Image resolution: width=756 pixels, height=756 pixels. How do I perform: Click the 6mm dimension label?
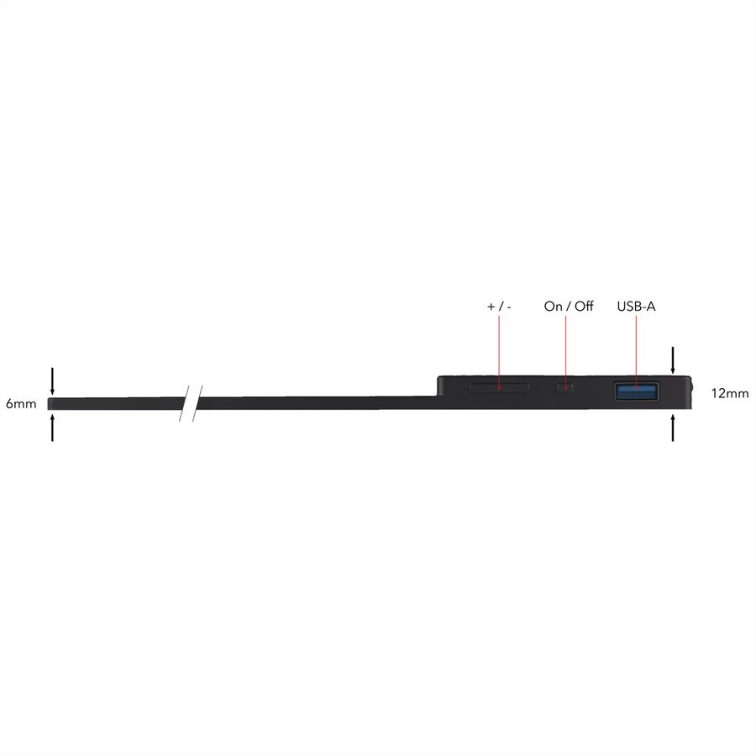(21, 403)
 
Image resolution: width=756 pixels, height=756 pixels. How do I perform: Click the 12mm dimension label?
(730, 393)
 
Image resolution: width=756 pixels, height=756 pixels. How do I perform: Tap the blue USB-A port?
(637, 391)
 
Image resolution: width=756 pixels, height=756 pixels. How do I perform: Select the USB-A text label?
(636, 306)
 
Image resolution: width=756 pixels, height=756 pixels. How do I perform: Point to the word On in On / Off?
(553, 306)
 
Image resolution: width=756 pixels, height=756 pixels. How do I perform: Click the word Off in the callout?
(584, 306)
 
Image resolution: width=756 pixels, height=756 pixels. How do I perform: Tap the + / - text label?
(499, 307)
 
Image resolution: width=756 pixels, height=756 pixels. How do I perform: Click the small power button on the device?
(565, 387)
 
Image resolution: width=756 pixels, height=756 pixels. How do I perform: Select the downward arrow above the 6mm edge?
(52, 381)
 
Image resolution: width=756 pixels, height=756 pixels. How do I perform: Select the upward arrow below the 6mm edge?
(52, 428)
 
